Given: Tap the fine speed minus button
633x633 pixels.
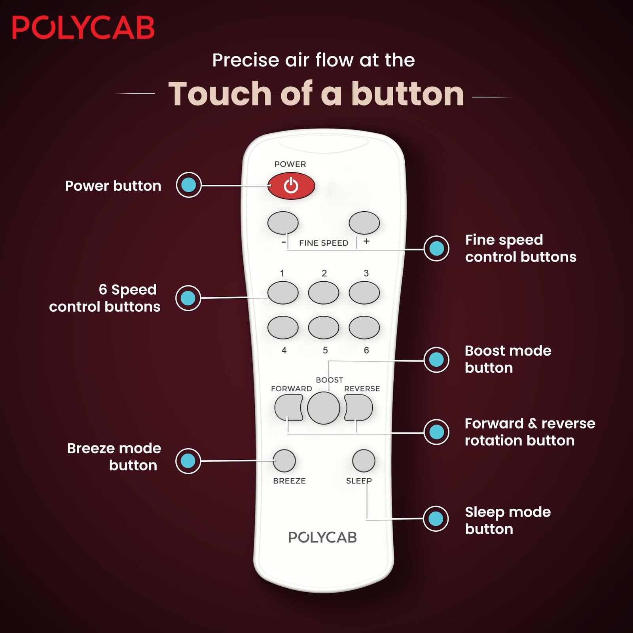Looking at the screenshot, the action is coord(283,223).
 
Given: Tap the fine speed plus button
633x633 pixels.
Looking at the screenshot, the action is coord(364,223).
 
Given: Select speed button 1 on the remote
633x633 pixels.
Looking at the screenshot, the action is coord(283,293).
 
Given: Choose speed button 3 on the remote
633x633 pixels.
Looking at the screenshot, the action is coord(364,293).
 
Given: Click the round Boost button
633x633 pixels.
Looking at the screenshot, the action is coord(324,408).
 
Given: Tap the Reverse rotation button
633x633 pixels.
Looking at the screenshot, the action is coord(358,407).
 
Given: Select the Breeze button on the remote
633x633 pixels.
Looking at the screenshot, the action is coord(284,461).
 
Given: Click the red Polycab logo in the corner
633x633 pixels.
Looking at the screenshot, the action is coord(83,28).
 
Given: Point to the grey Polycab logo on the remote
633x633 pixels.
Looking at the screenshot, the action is coord(322,537).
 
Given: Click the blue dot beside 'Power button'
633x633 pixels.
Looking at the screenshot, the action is coord(189,185).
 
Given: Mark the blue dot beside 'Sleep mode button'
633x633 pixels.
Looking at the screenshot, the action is coord(436,519).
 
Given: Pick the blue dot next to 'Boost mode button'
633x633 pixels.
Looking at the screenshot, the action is coord(436,360).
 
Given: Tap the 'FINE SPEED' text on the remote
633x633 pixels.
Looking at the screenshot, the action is coord(324,243).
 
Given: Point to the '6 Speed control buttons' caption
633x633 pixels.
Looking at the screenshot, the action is coord(105,298).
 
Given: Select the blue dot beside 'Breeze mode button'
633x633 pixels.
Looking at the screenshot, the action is coord(188,461).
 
